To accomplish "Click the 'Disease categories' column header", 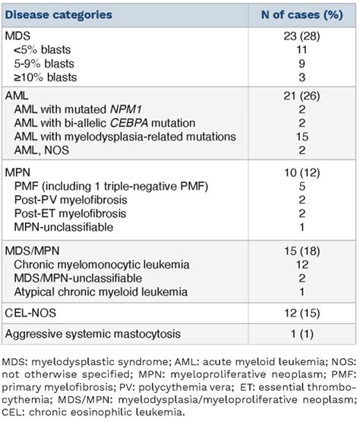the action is pos(59,14).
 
